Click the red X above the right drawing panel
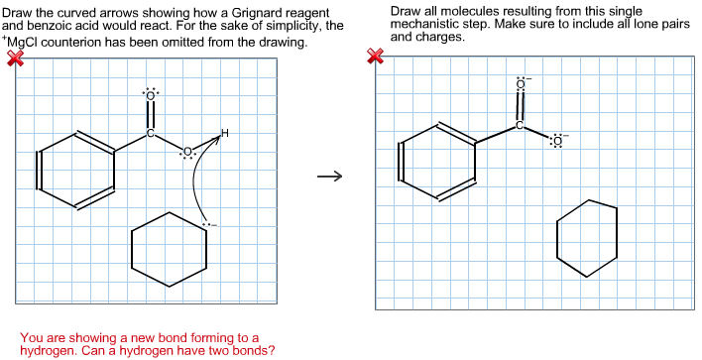(375, 58)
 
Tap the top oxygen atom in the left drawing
(150, 97)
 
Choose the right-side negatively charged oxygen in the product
(556, 141)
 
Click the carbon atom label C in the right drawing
(518, 125)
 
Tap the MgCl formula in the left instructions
(29, 44)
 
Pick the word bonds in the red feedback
(254, 349)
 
